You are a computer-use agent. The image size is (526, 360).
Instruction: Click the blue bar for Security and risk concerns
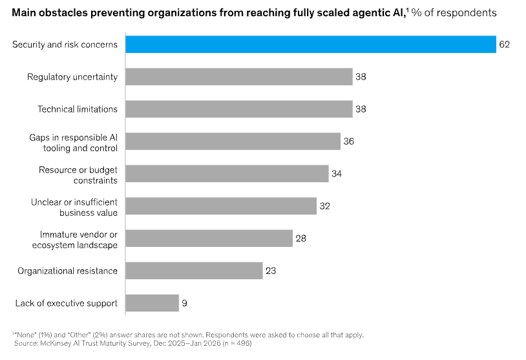(x=310, y=44)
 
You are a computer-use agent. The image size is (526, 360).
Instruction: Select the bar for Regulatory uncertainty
(x=238, y=76)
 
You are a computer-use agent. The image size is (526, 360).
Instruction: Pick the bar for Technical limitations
(x=238, y=109)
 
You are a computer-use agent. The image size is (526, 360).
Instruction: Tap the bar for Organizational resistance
(x=194, y=270)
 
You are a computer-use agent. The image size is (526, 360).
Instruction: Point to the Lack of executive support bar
(x=152, y=302)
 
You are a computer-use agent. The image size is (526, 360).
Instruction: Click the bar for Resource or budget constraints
(x=227, y=173)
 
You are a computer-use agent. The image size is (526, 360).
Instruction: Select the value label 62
(x=505, y=45)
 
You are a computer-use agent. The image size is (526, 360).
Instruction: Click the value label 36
(x=349, y=141)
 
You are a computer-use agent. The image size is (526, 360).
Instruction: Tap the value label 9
(x=185, y=302)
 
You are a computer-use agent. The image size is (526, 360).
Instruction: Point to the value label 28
(x=301, y=238)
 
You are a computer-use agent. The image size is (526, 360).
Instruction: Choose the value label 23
(x=271, y=270)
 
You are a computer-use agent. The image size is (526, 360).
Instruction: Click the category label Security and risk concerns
(x=65, y=45)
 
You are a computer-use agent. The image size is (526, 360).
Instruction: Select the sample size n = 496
(x=237, y=343)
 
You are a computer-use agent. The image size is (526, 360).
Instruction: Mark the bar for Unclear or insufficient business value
(x=220, y=206)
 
